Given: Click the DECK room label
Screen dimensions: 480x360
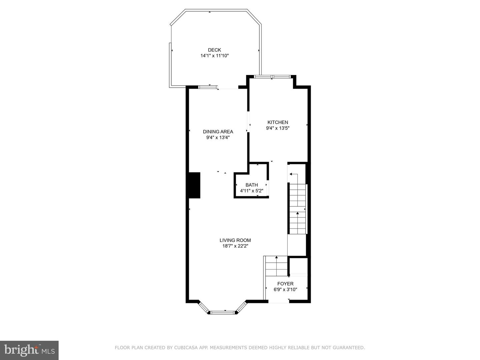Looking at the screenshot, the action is pos(214,50).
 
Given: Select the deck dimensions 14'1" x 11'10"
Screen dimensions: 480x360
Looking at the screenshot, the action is pos(215,56).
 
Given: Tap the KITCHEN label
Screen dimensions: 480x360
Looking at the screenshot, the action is pos(278,122).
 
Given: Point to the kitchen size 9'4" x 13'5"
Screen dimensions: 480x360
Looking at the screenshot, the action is pos(278,128).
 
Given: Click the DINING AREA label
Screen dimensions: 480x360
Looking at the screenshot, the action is pos(218,132).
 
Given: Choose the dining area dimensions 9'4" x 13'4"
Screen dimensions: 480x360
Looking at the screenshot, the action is pos(218,137).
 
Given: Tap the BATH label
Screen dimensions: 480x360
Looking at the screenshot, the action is pos(252,185).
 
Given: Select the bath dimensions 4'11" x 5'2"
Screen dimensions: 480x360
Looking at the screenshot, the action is pos(252,191).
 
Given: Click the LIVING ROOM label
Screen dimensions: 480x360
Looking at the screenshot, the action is pos(235,240).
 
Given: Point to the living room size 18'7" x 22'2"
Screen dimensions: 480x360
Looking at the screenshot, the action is pos(235,246).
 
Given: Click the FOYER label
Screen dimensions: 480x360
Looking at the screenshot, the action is pos(285,284).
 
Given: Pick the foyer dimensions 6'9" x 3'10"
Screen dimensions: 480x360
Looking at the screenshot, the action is pos(285,289).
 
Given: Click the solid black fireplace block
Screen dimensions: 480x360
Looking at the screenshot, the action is pos(194,185).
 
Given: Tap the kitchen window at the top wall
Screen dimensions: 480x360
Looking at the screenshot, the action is pos(272,77).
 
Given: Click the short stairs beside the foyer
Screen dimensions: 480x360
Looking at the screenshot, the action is pos(277,266).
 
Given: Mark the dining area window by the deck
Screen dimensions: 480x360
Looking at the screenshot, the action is pos(208,87).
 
